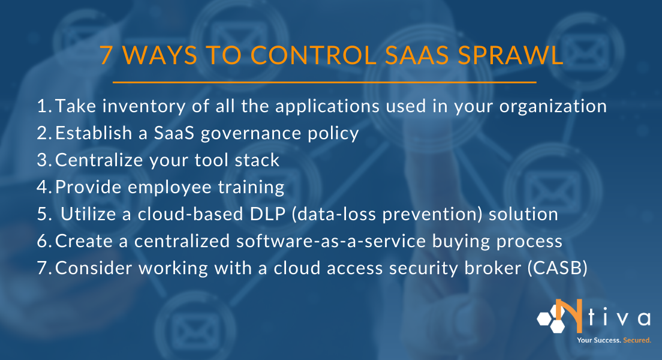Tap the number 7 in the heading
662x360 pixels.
106,56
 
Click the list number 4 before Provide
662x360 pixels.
43,187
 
